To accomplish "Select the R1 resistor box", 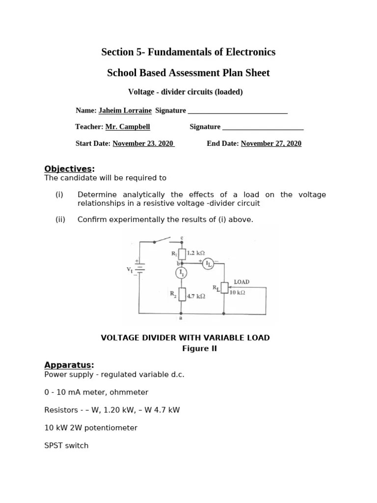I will pos(182,254).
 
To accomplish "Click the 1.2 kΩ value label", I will pos(196,253).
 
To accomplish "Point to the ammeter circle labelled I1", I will pos(182,272).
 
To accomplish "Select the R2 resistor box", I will pos(182,294).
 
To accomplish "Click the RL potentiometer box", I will pos(224,288).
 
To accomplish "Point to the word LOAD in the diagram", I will pos(242,282).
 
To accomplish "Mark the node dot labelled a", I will pos(182,313).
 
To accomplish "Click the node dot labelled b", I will pos(182,263).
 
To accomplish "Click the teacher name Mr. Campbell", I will pos(128,127).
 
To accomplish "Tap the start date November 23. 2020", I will pos(143,143).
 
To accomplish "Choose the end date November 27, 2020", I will pos(271,143).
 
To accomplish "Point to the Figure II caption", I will pos(199,349).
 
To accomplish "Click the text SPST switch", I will pos(66,446).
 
